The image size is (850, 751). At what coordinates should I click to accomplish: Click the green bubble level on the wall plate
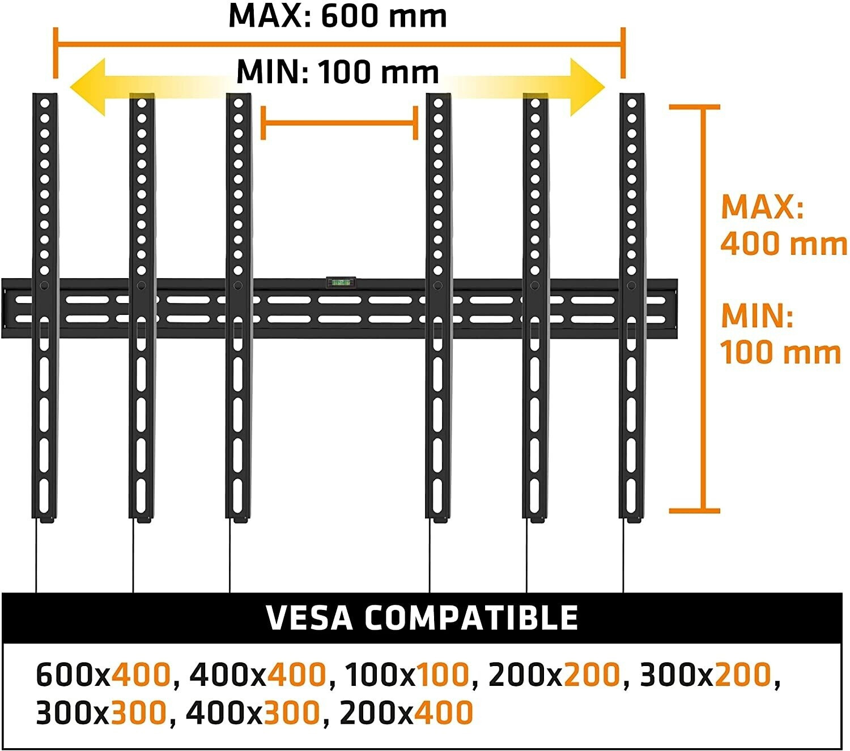click(x=341, y=281)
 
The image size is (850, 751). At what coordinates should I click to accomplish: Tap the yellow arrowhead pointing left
click(x=88, y=87)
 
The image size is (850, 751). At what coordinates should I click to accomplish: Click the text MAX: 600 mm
click(x=338, y=16)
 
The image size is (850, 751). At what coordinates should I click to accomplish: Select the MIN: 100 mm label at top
click(x=338, y=72)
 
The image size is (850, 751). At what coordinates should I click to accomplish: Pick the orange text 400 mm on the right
click(x=783, y=244)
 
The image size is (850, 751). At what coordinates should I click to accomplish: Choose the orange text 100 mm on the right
click(x=780, y=352)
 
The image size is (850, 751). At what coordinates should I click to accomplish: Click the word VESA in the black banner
click(x=309, y=618)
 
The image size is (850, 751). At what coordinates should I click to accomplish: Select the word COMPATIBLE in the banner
click(x=471, y=618)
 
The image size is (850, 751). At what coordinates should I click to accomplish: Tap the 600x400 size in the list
click(x=103, y=675)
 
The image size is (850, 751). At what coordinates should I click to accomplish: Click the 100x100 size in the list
click(x=406, y=675)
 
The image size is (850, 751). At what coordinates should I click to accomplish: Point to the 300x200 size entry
click(x=705, y=675)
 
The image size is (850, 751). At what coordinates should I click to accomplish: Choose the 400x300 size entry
click(x=253, y=713)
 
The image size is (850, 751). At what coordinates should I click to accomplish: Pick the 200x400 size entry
click(x=406, y=713)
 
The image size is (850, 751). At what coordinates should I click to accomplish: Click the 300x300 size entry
click(x=101, y=713)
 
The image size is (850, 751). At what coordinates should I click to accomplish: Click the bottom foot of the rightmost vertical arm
click(x=632, y=518)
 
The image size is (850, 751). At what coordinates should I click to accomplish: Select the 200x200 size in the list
click(x=554, y=675)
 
